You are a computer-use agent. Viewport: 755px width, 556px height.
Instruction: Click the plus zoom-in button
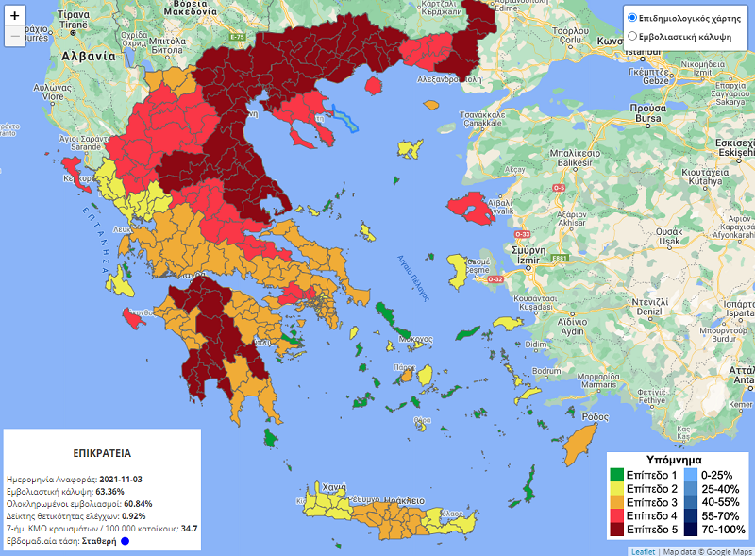(14, 15)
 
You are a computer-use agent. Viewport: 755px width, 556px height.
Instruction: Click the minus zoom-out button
(14, 37)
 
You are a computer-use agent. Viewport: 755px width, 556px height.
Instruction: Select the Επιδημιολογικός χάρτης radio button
(632, 18)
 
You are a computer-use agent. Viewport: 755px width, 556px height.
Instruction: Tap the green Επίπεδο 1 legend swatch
(616, 474)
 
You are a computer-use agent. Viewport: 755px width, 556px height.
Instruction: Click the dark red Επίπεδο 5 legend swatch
(616, 531)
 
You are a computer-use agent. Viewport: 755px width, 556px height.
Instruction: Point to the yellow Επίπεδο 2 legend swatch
(616, 488)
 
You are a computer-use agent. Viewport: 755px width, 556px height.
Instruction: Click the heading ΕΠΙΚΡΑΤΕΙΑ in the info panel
(101, 452)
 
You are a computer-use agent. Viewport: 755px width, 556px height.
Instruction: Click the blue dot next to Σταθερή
(124, 542)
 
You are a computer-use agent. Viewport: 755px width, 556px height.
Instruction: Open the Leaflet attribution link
(643, 550)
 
